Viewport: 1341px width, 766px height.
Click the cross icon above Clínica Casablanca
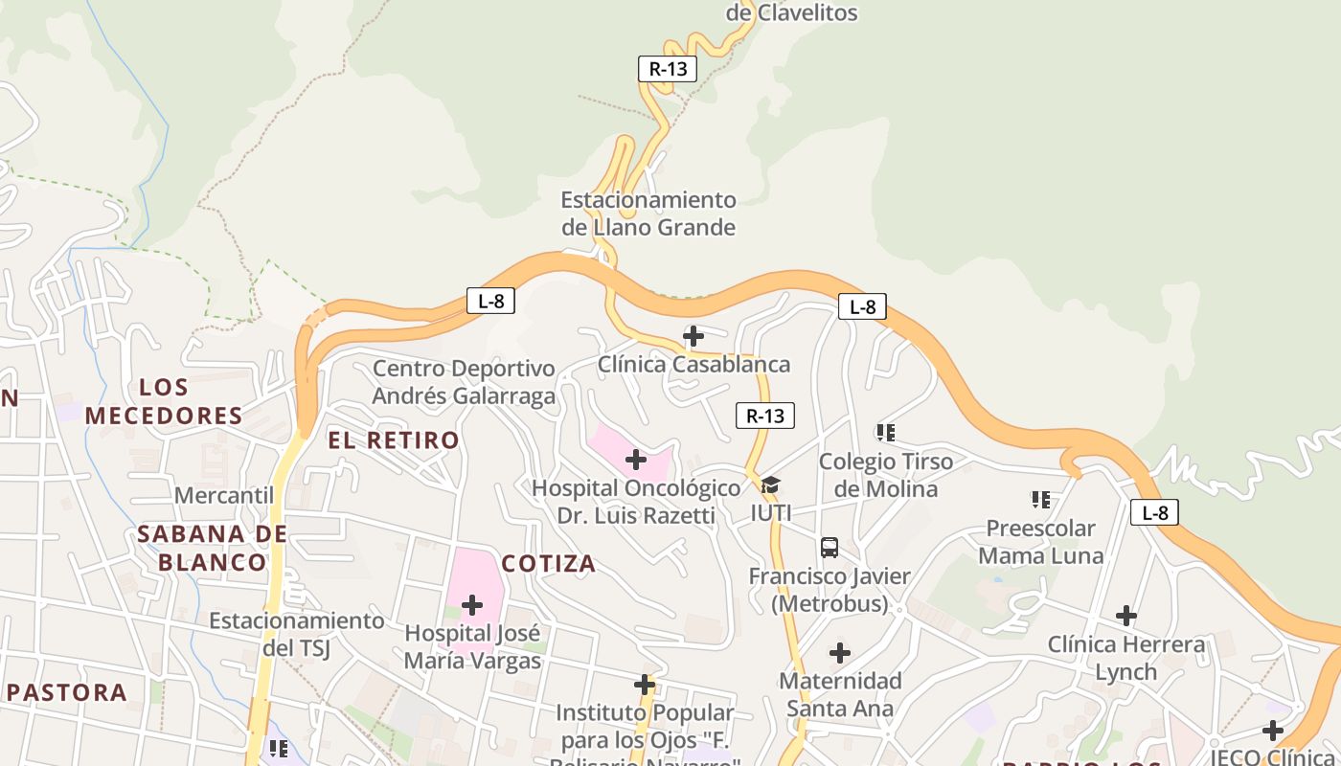click(693, 336)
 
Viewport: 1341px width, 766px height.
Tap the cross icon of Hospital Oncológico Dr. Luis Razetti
click(635, 460)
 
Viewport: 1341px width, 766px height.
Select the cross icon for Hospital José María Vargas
click(472, 605)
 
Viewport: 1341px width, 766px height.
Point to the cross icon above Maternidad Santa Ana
click(840, 653)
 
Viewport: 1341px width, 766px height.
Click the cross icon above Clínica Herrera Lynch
click(1126, 616)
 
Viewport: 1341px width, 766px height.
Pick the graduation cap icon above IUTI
click(770, 485)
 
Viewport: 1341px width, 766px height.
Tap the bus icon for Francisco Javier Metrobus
click(830, 548)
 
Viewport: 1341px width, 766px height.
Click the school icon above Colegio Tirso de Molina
click(886, 433)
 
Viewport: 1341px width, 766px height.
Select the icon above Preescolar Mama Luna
click(1041, 499)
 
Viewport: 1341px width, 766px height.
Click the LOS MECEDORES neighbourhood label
click(164, 401)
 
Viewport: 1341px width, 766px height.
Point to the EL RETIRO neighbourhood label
click(394, 440)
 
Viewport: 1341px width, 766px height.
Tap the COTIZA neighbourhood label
click(549, 564)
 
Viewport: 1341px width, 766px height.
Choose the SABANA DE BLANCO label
click(212, 548)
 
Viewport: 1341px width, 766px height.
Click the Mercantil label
click(224, 495)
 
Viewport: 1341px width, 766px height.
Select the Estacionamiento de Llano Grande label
click(648, 214)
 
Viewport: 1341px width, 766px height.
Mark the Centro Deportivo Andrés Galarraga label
click(464, 382)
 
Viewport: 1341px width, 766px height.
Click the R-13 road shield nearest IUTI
click(764, 416)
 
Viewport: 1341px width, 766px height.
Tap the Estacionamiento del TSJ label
click(297, 634)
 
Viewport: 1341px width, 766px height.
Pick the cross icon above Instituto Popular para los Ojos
click(645, 685)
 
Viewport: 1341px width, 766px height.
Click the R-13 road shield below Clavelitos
click(668, 69)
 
